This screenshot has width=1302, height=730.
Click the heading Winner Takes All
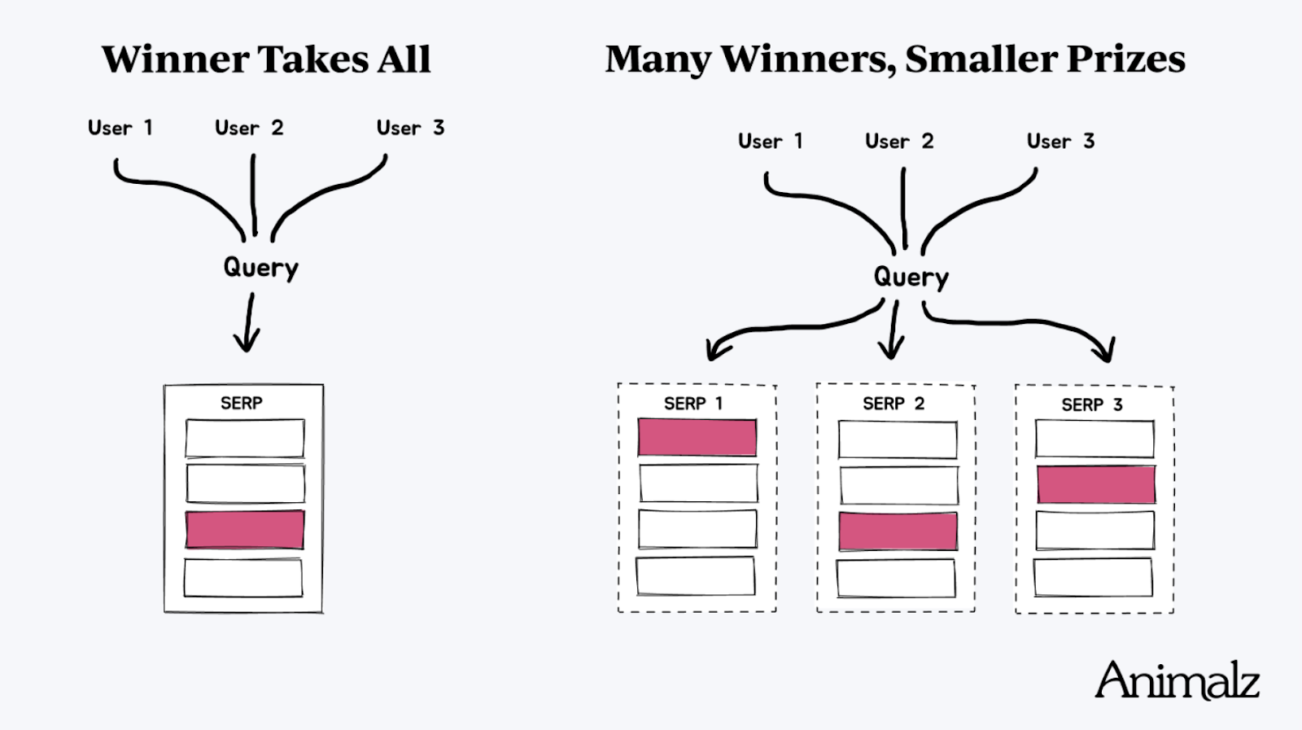(x=266, y=59)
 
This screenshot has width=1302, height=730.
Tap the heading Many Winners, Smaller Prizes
(x=894, y=59)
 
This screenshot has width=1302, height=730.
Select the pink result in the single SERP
(x=245, y=530)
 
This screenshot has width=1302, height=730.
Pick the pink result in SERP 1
(x=697, y=438)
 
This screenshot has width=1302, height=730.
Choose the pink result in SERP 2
(x=898, y=531)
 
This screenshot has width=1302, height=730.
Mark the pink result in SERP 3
(x=1095, y=484)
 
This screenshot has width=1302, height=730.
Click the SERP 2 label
(x=893, y=404)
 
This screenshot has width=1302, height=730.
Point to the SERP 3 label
(x=1092, y=404)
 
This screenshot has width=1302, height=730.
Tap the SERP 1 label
(x=693, y=404)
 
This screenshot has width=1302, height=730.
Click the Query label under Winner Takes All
(x=260, y=268)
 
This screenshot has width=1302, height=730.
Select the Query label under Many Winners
(x=911, y=278)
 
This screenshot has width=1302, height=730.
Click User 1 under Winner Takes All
(x=120, y=128)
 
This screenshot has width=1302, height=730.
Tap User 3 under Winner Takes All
(x=410, y=128)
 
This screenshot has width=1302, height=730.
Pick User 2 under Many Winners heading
(x=899, y=142)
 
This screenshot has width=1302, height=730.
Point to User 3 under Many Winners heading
(x=1060, y=142)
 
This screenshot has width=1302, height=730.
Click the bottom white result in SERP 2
(x=896, y=578)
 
